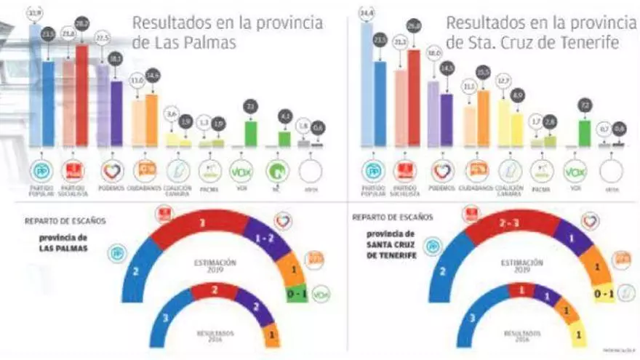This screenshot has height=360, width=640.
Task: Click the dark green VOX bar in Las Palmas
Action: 251,134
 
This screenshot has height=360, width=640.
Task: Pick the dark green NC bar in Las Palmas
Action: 284,139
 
